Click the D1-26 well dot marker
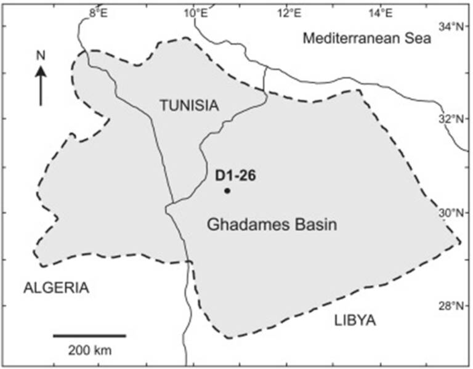227,191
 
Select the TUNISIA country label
189,106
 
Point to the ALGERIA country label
56,288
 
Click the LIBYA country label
355,320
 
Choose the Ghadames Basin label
272,225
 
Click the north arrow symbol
41,86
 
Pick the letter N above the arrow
41,55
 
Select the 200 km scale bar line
89,336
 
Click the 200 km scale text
90,351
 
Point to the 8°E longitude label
98,12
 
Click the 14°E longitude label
381,12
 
